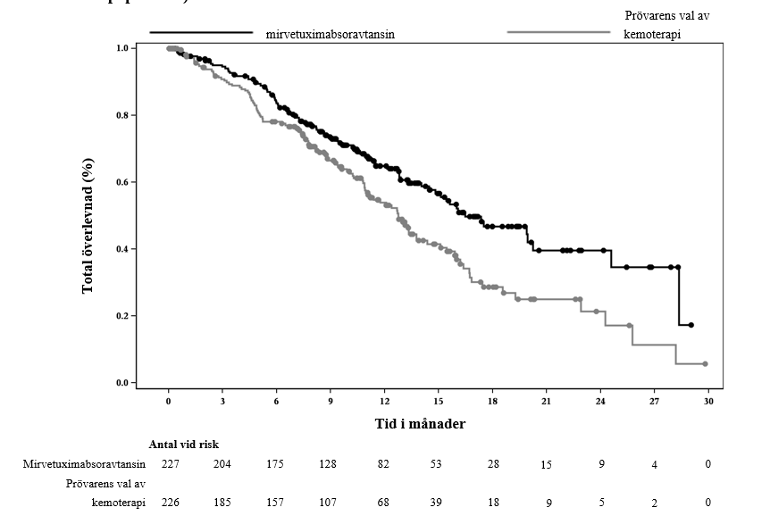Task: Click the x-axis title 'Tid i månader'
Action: pos(419,424)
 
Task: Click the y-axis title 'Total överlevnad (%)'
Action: pos(88,226)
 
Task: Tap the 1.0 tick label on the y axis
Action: pos(124,48)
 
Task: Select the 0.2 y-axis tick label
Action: pos(124,316)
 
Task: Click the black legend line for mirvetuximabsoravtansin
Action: pos(201,33)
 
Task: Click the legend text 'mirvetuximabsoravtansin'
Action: pos(331,34)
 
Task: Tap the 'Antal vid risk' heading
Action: pos(184,444)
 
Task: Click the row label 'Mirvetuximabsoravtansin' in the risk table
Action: pos(85,464)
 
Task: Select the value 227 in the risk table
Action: pos(170,464)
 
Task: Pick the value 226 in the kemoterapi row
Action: pos(170,503)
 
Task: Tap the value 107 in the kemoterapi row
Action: pos(330,503)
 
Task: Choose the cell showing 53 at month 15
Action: pos(437,464)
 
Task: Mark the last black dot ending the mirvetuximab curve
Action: pos(690,325)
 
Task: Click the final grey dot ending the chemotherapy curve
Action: pos(705,364)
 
